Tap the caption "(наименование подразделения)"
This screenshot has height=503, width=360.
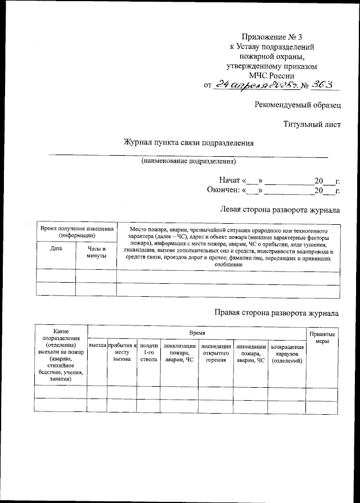pyautogui.click(x=188, y=161)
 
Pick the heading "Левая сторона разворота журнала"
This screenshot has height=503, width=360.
pyautogui.click(x=280, y=210)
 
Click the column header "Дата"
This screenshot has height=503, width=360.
pyautogui.click(x=56, y=247)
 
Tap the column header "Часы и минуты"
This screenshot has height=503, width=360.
pyautogui.click(x=96, y=251)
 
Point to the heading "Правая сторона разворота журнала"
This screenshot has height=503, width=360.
pyautogui.click(x=277, y=312)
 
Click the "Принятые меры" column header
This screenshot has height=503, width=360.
pyautogui.click(x=322, y=337)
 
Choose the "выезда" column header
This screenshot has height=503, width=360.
pyautogui.click(x=97, y=346)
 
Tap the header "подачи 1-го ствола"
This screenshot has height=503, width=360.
pyautogui.click(x=148, y=352)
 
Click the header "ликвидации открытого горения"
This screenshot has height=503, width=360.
pyautogui.click(x=217, y=352)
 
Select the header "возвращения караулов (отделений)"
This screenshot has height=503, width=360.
pyautogui.click(x=287, y=354)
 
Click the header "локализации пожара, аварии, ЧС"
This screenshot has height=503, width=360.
pyautogui.click(x=180, y=352)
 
